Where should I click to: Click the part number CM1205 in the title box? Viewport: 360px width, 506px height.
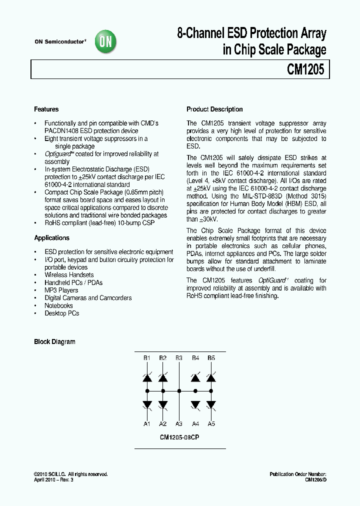pos(305,69)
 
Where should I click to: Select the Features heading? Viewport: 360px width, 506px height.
pos(46,109)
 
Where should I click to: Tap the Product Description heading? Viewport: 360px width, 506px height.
pos(214,109)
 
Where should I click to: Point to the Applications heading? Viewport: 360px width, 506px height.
pos(51,238)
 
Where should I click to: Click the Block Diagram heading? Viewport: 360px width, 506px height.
pos(54,342)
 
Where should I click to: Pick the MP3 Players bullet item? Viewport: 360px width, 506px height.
pos(61,290)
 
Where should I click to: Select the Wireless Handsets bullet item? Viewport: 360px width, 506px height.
pos(69,275)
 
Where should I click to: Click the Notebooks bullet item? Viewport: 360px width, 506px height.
pos(58,306)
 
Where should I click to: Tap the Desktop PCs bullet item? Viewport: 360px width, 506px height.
pos(61,313)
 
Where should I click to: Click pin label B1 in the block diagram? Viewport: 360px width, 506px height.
pos(147,358)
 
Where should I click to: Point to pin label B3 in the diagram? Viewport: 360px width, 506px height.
pos(179,358)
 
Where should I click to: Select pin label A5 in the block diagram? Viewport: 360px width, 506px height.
pos(211,424)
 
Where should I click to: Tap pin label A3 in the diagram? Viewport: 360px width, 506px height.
pos(179,424)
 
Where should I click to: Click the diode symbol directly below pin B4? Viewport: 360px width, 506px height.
pos(195,378)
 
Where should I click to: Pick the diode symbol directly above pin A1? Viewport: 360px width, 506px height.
pos(147,404)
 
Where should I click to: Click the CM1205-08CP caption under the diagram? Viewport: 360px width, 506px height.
pos(179,436)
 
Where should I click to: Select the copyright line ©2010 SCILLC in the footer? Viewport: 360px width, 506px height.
pos(70,474)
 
